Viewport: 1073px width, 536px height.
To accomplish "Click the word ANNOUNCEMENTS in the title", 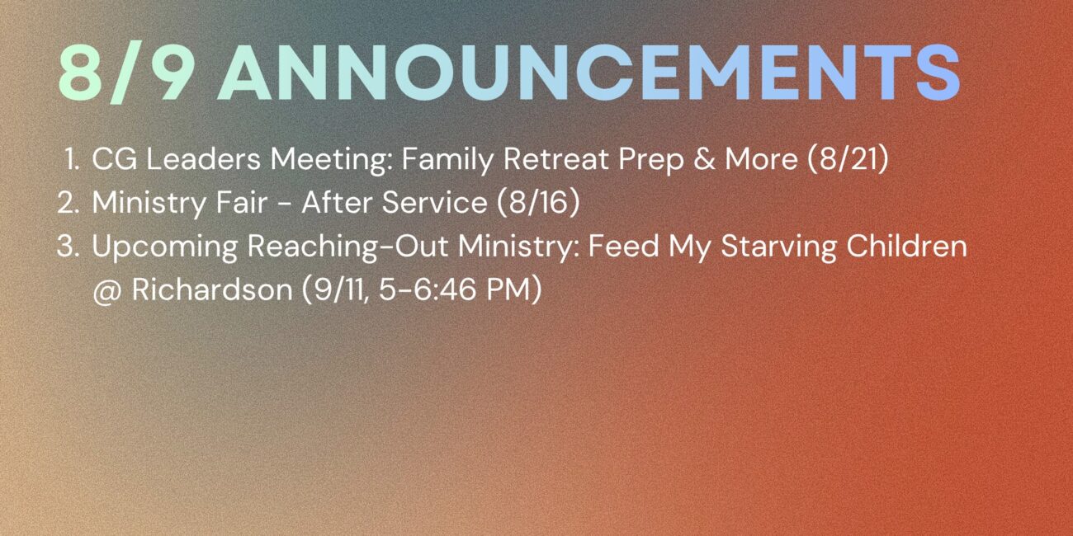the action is click(x=589, y=73).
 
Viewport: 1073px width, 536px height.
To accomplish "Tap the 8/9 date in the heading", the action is click(x=125, y=73).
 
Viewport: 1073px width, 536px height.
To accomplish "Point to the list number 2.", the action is click(x=68, y=202).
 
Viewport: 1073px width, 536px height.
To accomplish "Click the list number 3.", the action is click(x=68, y=246).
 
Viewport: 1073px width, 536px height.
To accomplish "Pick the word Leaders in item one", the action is click(x=203, y=159).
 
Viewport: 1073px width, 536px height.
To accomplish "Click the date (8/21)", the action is click(x=848, y=159).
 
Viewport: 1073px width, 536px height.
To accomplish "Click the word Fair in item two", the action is click(x=241, y=202).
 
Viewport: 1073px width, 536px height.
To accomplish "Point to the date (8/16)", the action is click(x=538, y=202).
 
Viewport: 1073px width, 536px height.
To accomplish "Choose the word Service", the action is click(x=434, y=202).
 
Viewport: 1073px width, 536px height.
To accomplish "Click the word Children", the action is click(x=907, y=246).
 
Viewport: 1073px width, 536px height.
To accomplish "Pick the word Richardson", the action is click(x=212, y=289).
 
